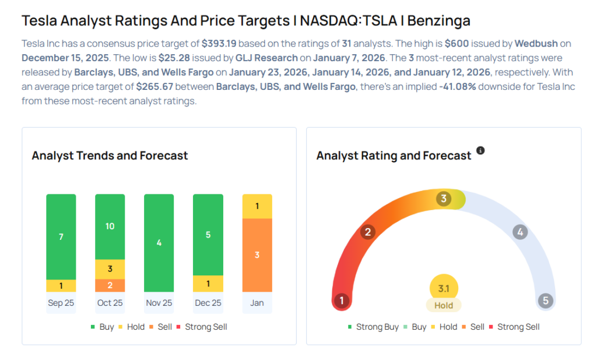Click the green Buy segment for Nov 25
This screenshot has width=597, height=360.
tap(159, 242)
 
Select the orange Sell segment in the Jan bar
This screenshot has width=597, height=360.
tap(257, 255)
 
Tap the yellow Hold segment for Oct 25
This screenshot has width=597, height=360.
tap(110, 269)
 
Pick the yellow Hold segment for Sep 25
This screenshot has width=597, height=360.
tap(61, 286)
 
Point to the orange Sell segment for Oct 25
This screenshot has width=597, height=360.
tap(110, 285)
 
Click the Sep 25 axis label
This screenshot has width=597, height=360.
tap(61, 303)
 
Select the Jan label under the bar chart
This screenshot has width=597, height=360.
tap(257, 303)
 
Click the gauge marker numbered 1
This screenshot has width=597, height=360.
tap(341, 301)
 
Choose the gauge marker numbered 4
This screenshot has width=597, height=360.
tap(520, 232)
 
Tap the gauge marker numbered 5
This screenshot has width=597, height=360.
tap(546, 301)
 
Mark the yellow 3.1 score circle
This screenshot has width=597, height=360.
tap(444, 288)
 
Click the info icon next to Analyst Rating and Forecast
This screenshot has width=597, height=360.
tap(480, 151)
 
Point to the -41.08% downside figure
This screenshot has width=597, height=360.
tap(454, 86)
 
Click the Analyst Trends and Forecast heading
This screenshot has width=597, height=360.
tap(110, 156)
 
